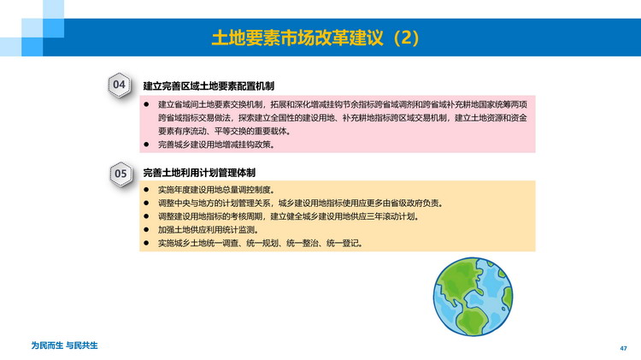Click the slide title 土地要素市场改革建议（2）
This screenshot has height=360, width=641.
click(315, 38)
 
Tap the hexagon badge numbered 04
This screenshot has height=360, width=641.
click(120, 86)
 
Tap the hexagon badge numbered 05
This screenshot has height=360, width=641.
click(121, 174)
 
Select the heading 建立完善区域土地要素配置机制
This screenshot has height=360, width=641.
click(209, 86)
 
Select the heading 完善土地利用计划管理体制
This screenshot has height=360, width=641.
click(199, 173)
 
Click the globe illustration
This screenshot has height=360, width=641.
click(473, 297)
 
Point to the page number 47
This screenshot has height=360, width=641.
click(623, 348)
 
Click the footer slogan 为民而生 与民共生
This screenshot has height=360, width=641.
click(65, 345)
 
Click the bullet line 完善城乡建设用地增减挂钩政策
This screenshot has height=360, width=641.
click(217, 145)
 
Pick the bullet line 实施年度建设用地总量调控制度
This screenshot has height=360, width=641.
click(217, 190)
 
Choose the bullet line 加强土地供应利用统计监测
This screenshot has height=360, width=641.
click(209, 230)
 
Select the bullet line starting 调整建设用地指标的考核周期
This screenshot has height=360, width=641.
click(289, 216)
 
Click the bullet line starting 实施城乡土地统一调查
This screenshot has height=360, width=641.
click(261, 244)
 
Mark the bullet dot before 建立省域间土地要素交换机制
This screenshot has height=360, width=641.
click(146, 104)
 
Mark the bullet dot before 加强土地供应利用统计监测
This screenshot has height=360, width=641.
click(146, 230)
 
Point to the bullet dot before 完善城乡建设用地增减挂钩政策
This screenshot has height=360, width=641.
click(146, 145)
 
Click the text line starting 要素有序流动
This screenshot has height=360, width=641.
click(225, 132)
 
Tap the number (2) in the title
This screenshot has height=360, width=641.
click(405, 38)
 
